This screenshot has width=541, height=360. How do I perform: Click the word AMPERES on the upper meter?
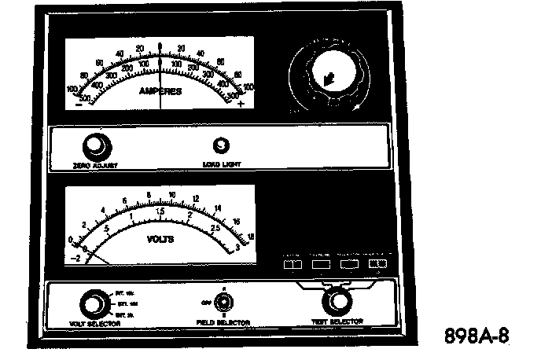click(160, 92)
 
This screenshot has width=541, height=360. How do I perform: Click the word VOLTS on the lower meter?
click(160, 236)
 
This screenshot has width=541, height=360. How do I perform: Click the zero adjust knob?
click(96, 145)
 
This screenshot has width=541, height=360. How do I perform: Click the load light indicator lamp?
click(221, 145)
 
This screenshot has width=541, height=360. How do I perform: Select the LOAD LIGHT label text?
click(222, 164)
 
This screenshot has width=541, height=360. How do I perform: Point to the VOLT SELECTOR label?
click(94, 322)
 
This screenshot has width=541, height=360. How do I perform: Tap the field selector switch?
click(224, 301)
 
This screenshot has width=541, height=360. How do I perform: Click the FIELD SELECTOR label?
click(223, 322)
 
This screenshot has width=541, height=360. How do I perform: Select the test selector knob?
click(338, 300)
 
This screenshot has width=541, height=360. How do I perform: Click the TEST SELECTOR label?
click(338, 321)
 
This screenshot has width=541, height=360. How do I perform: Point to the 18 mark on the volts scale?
click(250, 236)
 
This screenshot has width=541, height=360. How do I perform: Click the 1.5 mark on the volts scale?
click(160, 211)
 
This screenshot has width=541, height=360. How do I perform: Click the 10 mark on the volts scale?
click(171, 193)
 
